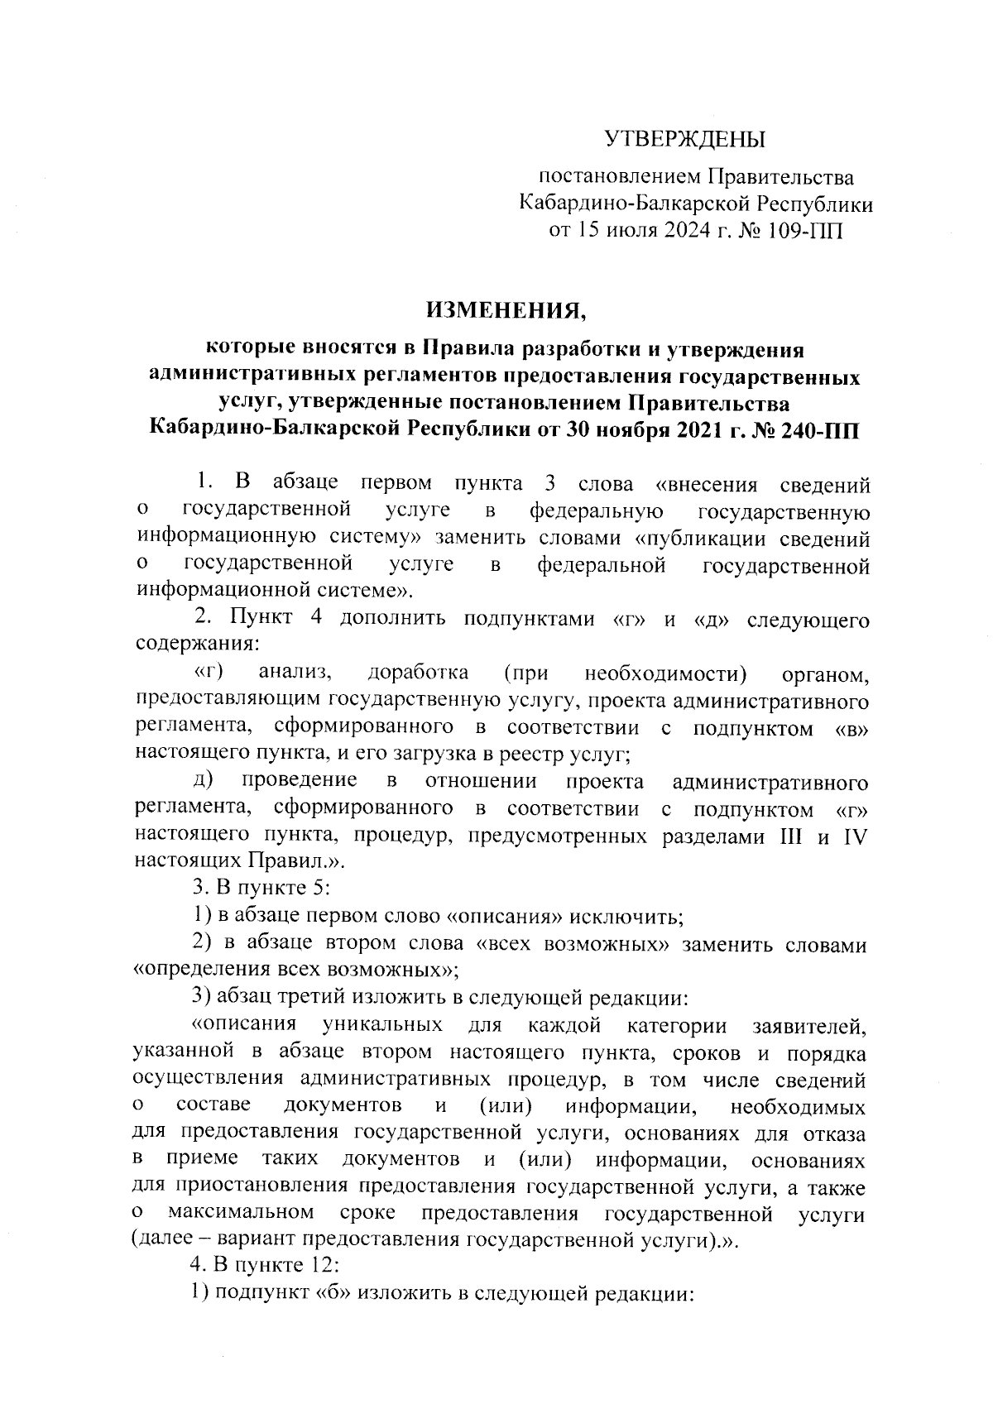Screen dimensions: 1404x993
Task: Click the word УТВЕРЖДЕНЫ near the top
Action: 683,139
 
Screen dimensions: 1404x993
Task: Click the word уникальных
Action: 382,1026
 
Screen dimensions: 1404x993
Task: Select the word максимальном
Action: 239,1215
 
